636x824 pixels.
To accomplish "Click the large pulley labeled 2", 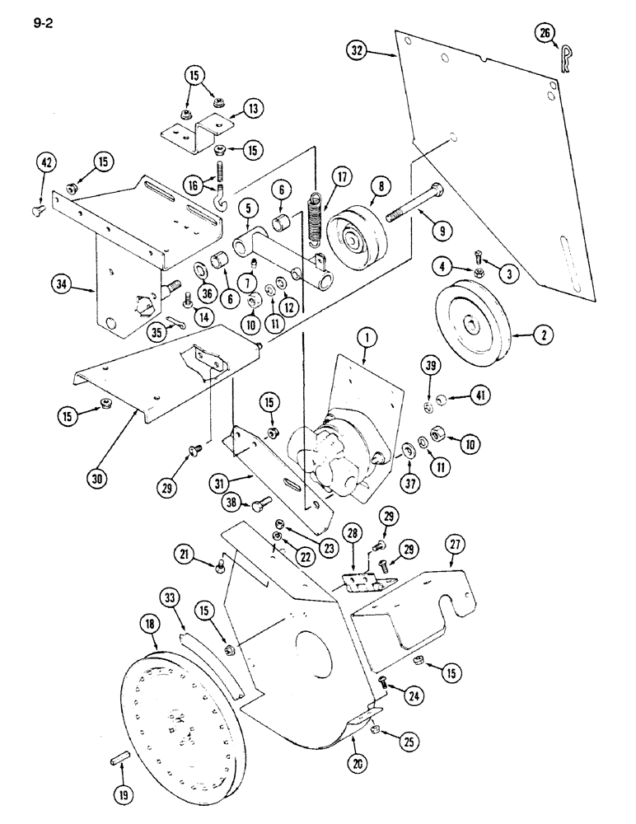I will point(470,321).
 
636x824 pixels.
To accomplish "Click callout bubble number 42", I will point(46,163).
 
